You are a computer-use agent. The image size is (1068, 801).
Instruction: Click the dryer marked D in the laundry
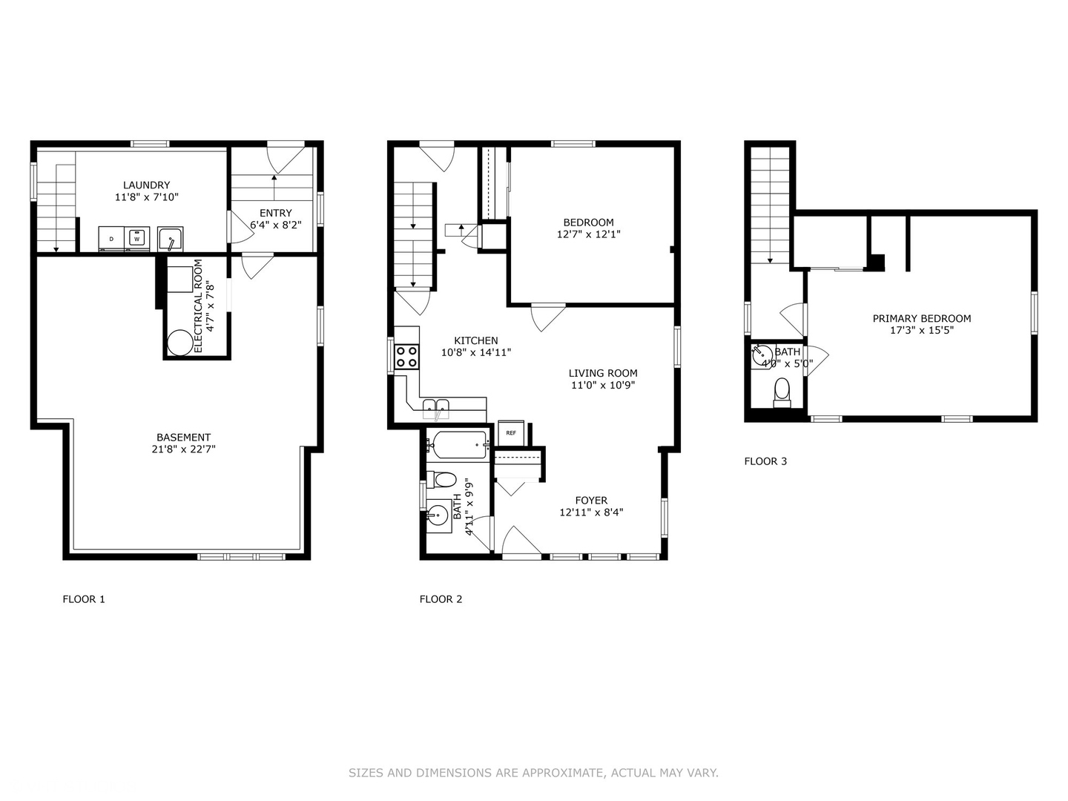[x=111, y=239]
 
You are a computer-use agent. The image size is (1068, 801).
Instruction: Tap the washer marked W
[x=136, y=239]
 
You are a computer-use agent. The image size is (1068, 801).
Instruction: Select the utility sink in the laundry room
[x=171, y=239]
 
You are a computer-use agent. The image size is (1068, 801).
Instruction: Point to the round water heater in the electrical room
[x=180, y=343]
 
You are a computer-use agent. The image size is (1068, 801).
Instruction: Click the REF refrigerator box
[x=511, y=433]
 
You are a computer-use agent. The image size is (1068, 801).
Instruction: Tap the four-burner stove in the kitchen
[x=406, y=357]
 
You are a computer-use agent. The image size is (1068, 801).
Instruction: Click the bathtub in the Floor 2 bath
[x=458, y=444]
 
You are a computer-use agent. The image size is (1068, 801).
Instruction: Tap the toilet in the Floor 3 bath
[x=782, y=393]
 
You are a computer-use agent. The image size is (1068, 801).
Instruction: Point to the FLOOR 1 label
[x=84, y=599]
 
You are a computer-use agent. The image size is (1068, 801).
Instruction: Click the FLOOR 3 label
[x=765, y=461]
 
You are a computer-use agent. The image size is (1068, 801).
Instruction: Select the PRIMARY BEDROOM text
[x=922, y=319]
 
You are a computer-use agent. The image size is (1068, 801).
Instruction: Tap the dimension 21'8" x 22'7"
[x=183, y=449]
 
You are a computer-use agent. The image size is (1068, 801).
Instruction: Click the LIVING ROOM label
[x=603, y=373]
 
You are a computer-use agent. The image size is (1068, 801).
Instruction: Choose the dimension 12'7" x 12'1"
[x=588, y=234]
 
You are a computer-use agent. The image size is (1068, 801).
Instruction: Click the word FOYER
[x=591, y=500]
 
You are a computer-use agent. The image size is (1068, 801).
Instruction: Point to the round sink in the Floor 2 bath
[x=438, y=515]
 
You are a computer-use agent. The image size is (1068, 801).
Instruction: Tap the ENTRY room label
[x=276, y=213]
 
